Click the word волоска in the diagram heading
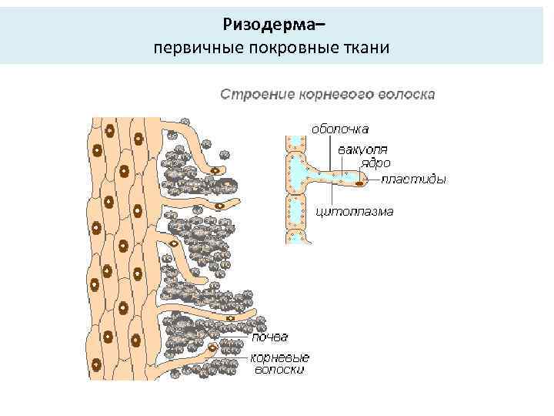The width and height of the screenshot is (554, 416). [407, 95]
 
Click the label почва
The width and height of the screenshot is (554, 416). [274, 337]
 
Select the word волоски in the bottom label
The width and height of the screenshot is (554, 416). [280, 370]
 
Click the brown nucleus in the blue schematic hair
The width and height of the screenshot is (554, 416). [359, 184]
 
